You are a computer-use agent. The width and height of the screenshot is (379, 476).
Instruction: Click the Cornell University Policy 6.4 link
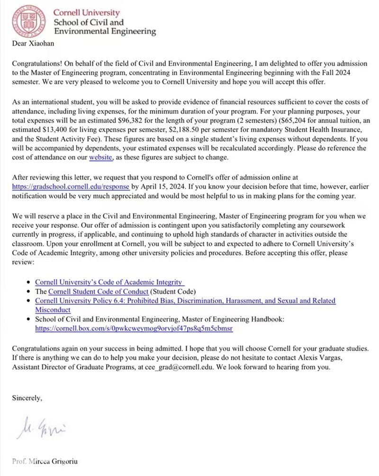185,301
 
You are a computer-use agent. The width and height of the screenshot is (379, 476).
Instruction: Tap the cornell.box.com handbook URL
134,328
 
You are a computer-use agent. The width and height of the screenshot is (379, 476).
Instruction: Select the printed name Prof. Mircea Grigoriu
45,461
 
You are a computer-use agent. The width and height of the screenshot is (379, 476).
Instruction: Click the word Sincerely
27,398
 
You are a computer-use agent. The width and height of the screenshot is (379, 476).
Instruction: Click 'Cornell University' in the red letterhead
86,12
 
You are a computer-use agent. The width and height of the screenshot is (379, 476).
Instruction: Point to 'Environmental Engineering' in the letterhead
105,31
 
